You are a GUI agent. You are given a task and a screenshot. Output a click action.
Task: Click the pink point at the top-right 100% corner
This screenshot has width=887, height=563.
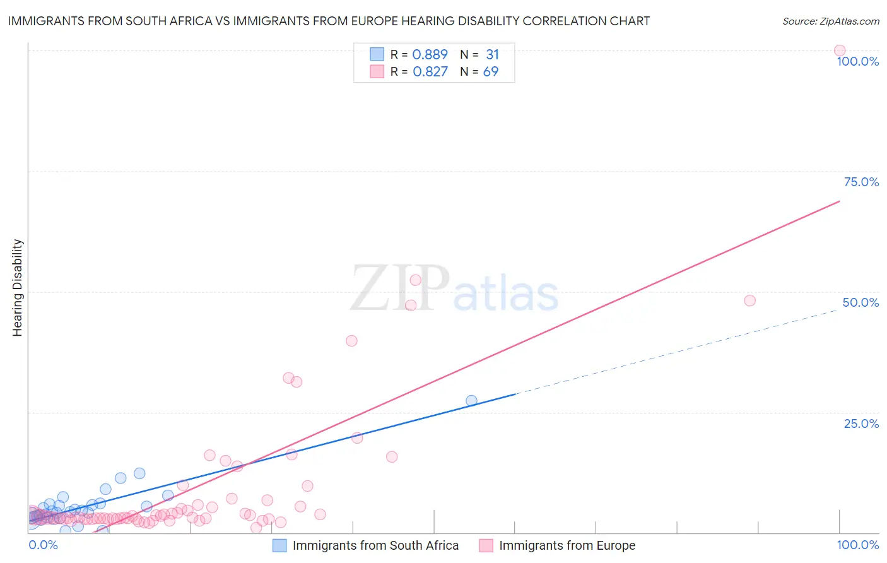pos(839,50)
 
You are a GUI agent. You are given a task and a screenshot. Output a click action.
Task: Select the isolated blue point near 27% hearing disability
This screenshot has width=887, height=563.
pos(471,401)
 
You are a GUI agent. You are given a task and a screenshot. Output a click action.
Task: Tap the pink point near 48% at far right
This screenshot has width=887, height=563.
pos(749,300)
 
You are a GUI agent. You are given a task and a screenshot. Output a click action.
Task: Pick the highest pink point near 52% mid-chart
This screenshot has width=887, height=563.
pos(415,280)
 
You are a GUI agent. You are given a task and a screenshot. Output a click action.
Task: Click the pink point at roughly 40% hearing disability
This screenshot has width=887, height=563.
pos(351,341)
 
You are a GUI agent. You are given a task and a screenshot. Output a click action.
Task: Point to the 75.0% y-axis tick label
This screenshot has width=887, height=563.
pos(861,182)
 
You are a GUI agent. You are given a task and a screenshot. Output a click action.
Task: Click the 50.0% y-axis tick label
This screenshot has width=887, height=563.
pos(861,302)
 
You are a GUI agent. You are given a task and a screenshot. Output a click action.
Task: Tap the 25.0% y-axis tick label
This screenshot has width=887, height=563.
pos(861,424)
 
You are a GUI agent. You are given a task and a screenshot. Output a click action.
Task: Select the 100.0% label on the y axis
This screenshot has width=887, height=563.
pos(857,61)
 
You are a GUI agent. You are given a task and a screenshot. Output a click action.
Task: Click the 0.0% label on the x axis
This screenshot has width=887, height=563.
pos(43,545)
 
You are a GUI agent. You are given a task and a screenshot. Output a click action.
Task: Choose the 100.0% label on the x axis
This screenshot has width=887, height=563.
pos(857,545)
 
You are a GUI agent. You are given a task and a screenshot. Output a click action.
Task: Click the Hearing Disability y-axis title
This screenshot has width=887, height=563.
pos(17,288)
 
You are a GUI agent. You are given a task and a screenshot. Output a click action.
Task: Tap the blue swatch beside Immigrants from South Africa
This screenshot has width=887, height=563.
pos(279,545)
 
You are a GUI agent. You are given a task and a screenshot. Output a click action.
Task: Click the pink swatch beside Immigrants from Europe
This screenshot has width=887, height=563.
pos(486,545)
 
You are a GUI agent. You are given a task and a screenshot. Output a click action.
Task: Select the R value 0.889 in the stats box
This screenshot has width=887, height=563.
pos(430,55)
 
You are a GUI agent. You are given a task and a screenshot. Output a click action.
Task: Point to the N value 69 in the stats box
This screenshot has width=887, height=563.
pos(490,72)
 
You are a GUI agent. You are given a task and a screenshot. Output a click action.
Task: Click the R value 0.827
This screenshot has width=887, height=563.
pos(430,72)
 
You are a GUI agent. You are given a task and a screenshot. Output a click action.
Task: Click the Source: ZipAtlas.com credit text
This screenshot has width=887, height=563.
pos(830,21)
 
